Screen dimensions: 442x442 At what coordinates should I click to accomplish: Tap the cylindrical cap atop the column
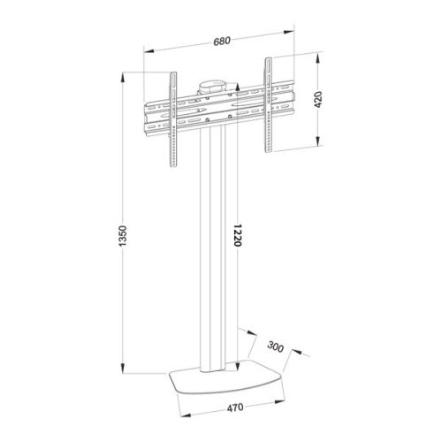point(211,87)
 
